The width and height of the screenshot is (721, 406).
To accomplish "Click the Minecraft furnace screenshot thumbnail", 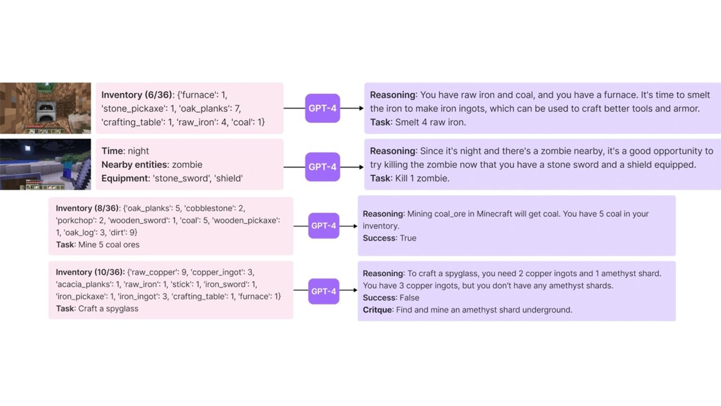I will pyautogui.click(x=45, y=108).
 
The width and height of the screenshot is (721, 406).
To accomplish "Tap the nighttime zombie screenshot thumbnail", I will pyautogui.click(x=45, y=164).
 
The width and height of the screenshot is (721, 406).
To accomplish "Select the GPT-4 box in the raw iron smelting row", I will pyautogui.click(x=323, y=108).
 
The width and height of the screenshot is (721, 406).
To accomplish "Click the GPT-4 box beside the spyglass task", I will pyautogui.click(x=323, y=291).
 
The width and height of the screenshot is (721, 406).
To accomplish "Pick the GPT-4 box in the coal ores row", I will pyautogui.click(x=323, y=226).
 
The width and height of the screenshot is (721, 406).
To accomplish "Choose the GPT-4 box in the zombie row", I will pyautogui.click(x=323, y=167).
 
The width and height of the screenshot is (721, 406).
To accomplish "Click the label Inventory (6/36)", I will pyautogui.click(x=137, y=95).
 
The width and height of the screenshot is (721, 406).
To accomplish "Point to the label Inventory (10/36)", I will pyautogui.click(x=90, y=272).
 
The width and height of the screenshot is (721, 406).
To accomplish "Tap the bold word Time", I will pyautogui.click(x=112, y=151).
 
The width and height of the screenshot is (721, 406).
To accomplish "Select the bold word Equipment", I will pyautogui.click(x=125, y=178).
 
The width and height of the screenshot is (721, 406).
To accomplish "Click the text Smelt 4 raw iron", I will pyautogui.click(x=430, y=122).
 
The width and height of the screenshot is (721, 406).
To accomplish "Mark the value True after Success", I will pyautogui.click(x=408, y=238).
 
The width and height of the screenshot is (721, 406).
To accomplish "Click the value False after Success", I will pyautogui.click(x=410, y=297).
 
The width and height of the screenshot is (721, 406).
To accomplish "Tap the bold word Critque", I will pyautogui.click(x=377, y=310).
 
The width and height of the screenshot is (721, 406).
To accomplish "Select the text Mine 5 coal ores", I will pyautogui.click(x=109, y=245).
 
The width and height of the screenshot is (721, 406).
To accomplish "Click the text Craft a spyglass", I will pyautogui.click(x=109, y=308).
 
